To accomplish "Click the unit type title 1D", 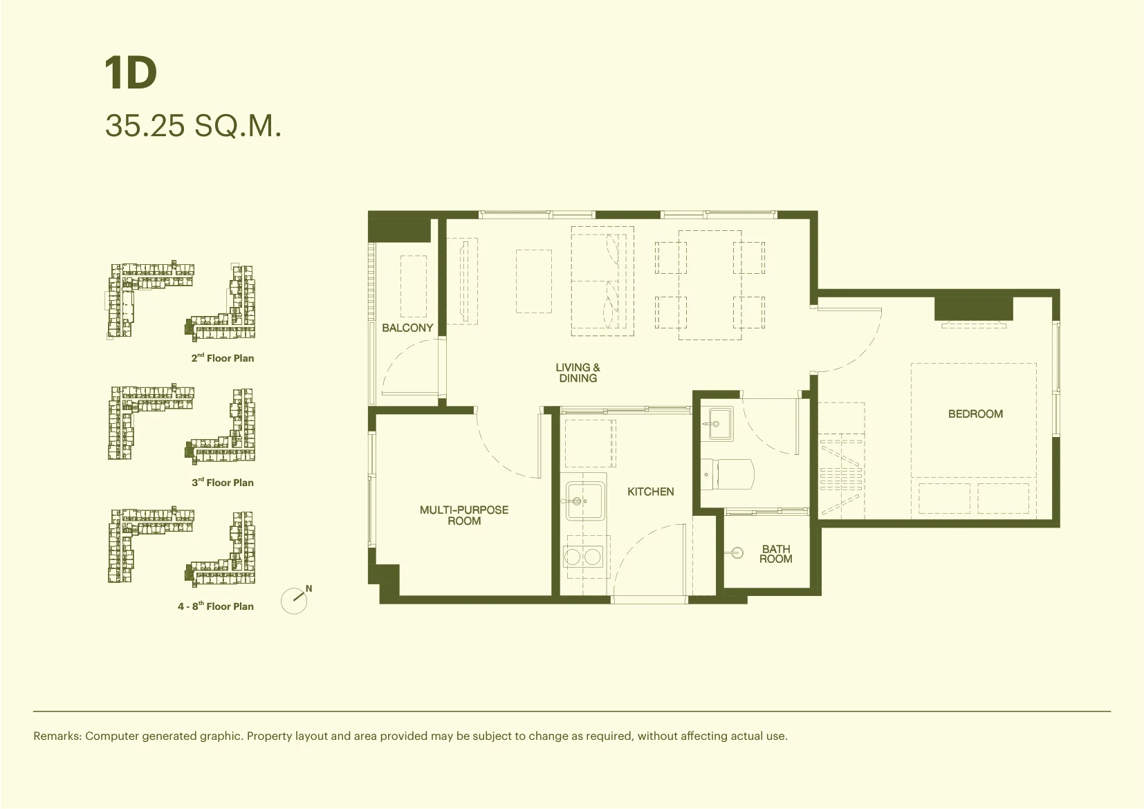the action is pos(131,73).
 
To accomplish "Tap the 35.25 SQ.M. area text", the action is pos(193,126).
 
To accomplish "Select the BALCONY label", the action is pos(407,328).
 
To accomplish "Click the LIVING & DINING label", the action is pos(578,373).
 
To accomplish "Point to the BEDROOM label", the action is pos(975,414).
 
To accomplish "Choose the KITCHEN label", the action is pos(651,492).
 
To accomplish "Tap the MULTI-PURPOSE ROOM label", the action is pos(464,515).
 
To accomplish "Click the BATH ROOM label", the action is pos(776,554).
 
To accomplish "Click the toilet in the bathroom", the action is pos(727,474).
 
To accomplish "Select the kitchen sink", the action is pos(584,501).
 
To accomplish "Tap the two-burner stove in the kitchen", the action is pos(583,557).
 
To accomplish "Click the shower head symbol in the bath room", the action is pos(736,552).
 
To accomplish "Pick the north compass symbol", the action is pos(295,599).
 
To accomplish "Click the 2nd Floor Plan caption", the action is pos(223,357).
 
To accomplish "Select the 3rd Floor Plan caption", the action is pos(223,482).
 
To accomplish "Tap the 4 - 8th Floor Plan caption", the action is pos(216,606).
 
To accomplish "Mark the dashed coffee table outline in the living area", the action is pos(534,281).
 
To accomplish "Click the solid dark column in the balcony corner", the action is pos(399,230).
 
